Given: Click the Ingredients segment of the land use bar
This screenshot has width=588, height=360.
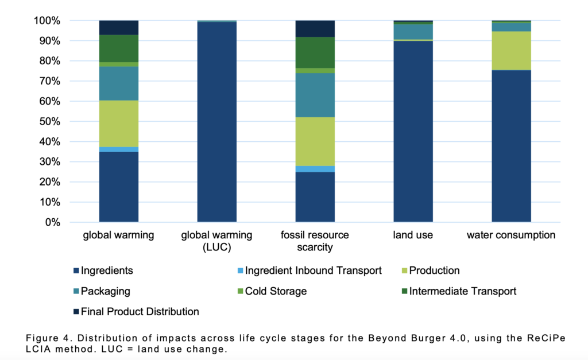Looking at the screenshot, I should (413, 131).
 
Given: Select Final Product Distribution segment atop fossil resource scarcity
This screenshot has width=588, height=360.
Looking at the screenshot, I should (315, 29).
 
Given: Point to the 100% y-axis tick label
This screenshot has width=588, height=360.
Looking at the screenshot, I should (47, 21).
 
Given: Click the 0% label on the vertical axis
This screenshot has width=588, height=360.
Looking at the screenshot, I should (51, 223).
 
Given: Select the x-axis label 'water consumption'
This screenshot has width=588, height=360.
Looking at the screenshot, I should (511, 235).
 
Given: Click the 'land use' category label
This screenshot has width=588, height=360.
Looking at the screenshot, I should (413, 235).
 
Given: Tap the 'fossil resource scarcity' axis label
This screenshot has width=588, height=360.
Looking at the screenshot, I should (315, 241).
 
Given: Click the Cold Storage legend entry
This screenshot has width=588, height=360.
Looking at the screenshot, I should (272, 291).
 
